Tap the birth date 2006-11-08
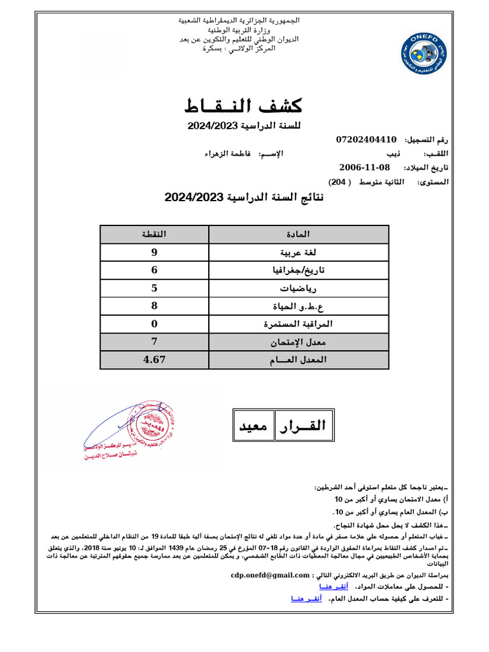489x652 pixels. pyautogui.click(x=364, y=167)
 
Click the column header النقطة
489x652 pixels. pyautogui.click(x=154, y=234)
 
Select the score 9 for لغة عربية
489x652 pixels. pyautogui.click(x=154, y=252)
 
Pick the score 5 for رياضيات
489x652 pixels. pyautogui.click(x=154, y=288)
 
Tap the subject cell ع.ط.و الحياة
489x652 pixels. pyautogui.click(x=306, y=306)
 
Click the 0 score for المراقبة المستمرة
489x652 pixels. pyautogui.click(x=154, y=324)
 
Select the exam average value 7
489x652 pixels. pyautogui.click(x=154, y=342)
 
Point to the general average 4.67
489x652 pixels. pyautogui.click(x=154, y=360)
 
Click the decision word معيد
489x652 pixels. pyautogui.click(x=253, y=426)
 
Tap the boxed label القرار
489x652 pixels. pyautogui.click(x=300, y=426)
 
